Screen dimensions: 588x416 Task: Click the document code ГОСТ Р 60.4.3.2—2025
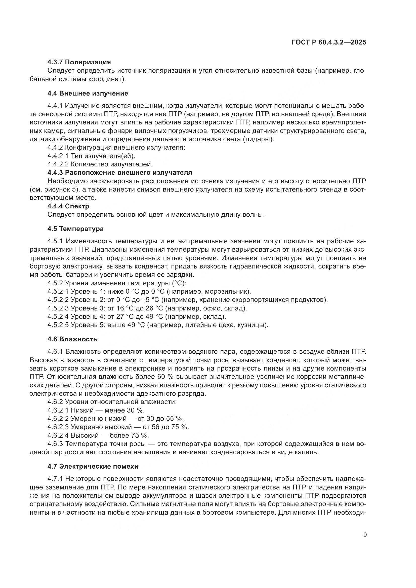[x=329, y=42]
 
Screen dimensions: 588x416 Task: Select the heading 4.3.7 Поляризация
[x=79, y=62]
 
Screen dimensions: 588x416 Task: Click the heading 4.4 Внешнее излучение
[x=88, y=93]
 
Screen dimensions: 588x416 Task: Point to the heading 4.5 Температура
[x=75, y=229]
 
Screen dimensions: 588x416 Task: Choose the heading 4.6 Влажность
[x=72, y=339]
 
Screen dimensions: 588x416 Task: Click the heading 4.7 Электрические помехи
[x=93, y=466]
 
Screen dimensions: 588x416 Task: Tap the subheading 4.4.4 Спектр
[x=68, y=206]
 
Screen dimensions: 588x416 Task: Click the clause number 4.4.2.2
[x=58, y=164]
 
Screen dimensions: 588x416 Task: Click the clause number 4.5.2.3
[x=58, y=308]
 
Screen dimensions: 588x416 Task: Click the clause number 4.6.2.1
[x=58, y=410]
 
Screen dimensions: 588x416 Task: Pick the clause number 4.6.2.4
[x=58, y=435]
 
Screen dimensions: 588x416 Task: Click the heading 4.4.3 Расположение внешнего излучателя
[x=120, y=172]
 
